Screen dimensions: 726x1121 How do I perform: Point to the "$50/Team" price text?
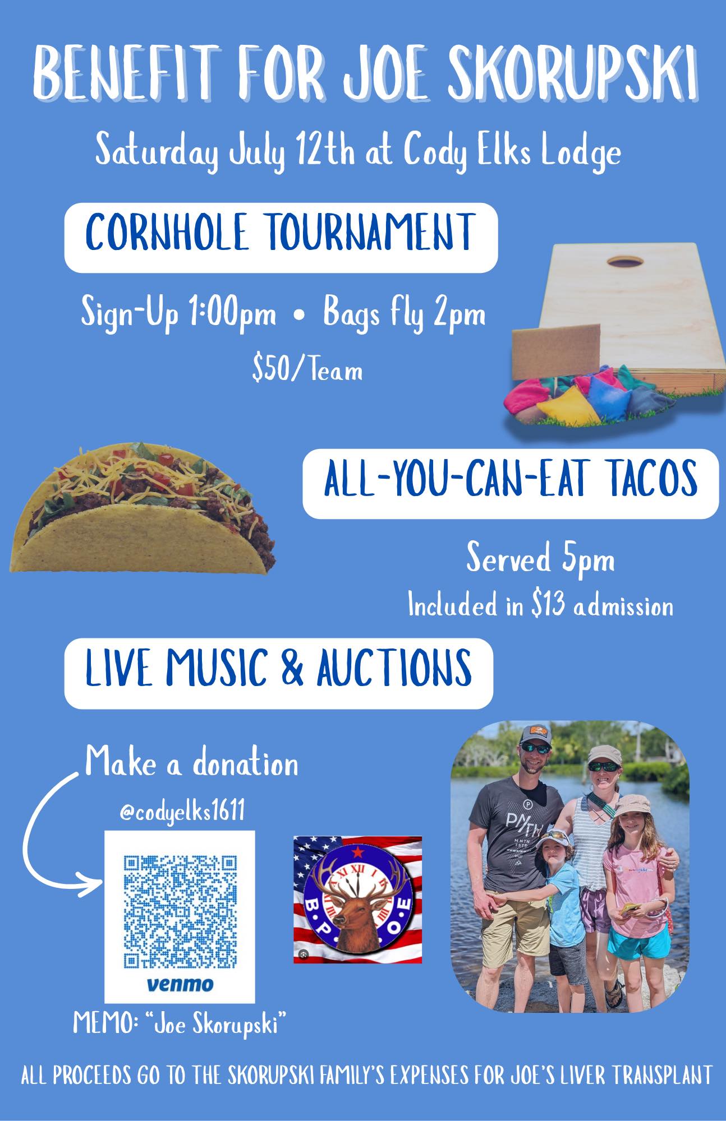(x=307, y=370)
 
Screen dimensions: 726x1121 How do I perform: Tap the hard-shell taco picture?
(x=143, y=509)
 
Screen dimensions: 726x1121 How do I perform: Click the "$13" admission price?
(x=548, y=606)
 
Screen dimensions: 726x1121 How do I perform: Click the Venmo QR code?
(x=180, y=910)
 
